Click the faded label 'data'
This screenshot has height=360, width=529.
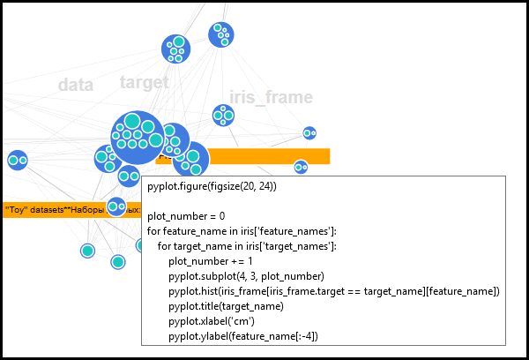[x=75, y=85]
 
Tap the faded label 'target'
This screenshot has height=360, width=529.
[x=144, y=82]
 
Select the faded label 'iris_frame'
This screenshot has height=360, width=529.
[x=271, y=97]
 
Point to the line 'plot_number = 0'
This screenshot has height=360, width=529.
[x=186, y=216]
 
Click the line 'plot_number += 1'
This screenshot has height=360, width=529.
[x=211, y=261]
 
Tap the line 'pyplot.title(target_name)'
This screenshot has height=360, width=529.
[x=226, y=306]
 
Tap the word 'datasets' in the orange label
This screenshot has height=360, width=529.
[x=45, y=210]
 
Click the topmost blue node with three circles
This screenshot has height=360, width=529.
[x=221, y=35]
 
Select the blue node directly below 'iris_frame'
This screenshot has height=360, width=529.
[x=223, y=116]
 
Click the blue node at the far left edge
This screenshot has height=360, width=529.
[x=17, y=161]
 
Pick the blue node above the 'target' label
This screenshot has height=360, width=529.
[x=176, y=49]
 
